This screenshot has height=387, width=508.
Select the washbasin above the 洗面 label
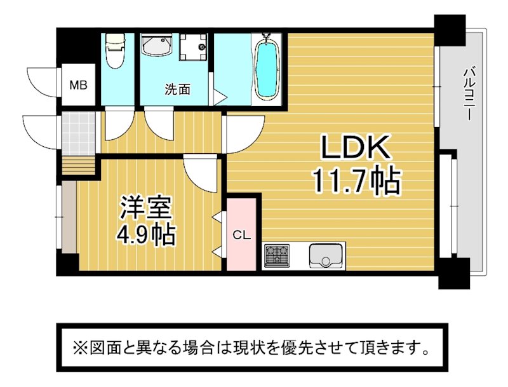click(156, 46)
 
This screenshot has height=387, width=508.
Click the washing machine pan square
click(194, 46)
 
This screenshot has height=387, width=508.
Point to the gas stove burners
click(277, 255)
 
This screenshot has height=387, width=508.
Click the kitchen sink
click(325, 255)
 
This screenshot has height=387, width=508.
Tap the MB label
click(79, 85)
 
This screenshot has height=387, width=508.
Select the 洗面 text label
click(177, 90)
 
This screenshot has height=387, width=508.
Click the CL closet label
click(242, 235)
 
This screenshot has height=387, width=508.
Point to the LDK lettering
click(355, 147)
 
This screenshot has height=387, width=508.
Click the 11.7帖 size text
click(357, 180)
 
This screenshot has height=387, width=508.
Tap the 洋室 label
click(146, 207)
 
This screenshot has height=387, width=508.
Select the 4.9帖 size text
click(146, 234)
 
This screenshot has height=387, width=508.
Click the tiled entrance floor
click(79, 133)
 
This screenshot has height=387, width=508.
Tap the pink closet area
click(242, 234)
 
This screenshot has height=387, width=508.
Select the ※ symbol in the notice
click(78, 348)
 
